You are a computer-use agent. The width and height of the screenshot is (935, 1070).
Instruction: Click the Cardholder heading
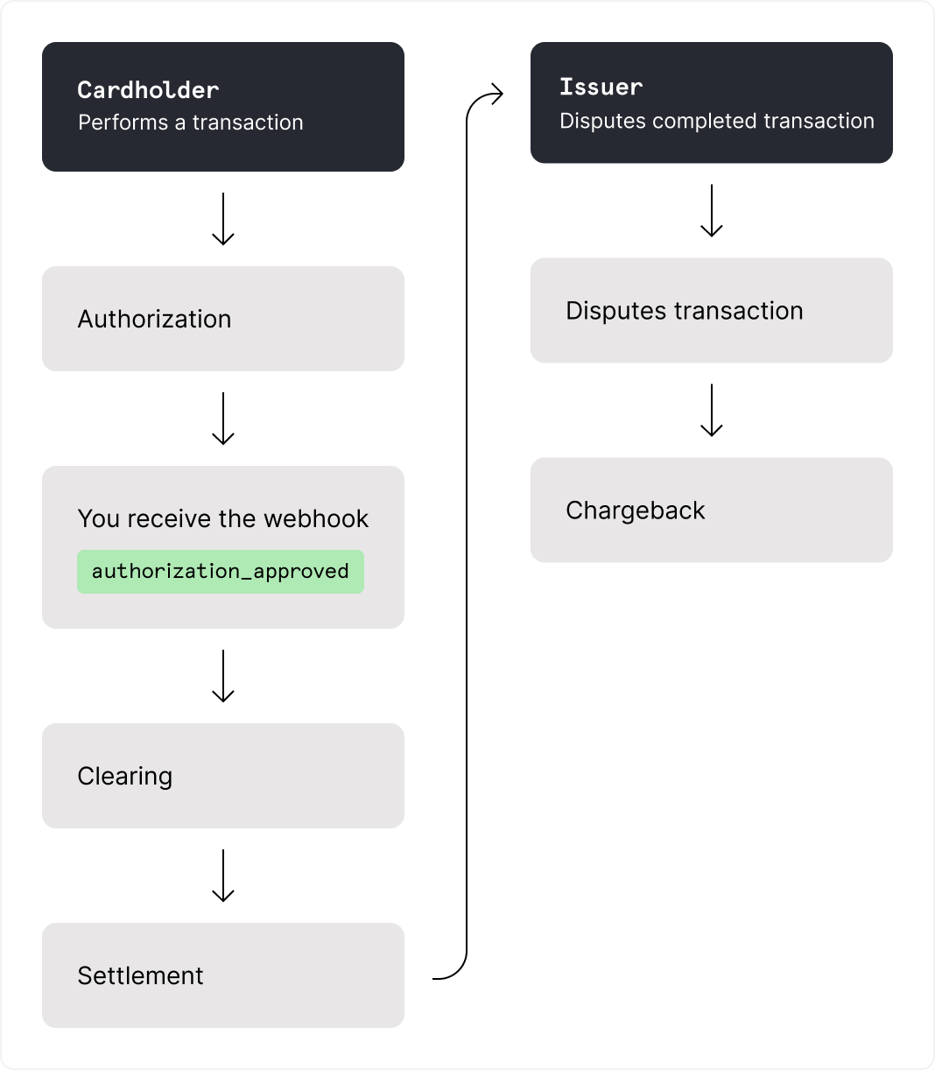pos(148,89)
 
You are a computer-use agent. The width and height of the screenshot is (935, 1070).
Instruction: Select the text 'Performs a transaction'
pos(190,123)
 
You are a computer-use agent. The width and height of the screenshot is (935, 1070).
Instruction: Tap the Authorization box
pos(222,319)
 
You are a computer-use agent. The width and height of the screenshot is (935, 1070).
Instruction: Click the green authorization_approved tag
pos(220,572)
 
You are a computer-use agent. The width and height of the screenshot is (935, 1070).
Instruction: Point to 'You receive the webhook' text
pos(222,518)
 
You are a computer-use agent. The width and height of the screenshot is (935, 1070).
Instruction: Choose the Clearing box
pos(222,776)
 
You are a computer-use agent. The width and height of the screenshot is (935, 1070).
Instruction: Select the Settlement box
pos(222,975)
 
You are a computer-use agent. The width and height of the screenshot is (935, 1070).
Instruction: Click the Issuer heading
pos(601,87)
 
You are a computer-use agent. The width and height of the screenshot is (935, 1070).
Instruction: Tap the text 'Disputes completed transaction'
pos(716,121)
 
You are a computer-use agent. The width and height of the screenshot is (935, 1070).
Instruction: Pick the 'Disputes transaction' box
pos(711,311)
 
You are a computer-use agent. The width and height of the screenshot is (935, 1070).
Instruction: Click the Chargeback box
pos(711,510)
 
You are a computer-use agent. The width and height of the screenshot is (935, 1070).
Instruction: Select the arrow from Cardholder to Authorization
pos(223,219)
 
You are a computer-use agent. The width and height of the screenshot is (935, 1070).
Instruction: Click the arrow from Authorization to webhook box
pos(223,419)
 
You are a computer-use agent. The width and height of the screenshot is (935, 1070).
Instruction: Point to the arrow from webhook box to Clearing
pos(223,676)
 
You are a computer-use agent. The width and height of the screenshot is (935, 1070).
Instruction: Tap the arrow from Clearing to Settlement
pos(223,876)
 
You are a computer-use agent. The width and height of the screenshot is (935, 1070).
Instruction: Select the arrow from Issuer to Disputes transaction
pos(712,210)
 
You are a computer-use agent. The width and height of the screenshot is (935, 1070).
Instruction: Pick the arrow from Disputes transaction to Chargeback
pos(712,410)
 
